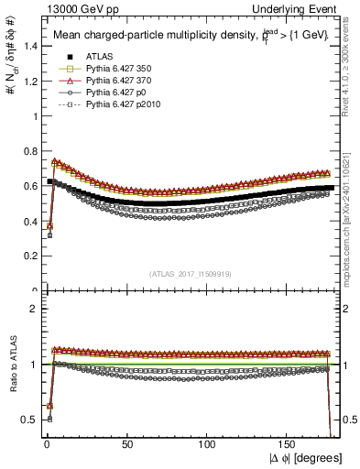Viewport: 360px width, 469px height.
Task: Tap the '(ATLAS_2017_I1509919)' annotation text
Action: click(x=191, y=272)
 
